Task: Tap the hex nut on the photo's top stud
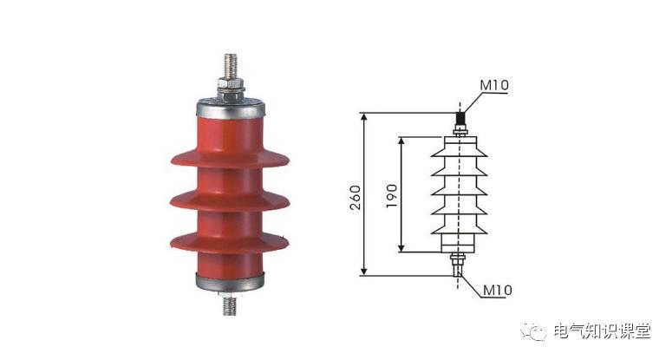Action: point(231,82)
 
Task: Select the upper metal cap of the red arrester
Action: point(231,108)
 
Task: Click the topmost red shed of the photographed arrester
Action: point(230,159)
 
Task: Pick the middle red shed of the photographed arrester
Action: point(230,201)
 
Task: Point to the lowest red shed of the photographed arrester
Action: point(230,243)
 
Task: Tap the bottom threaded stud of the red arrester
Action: point(229,305)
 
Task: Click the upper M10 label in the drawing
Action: point(493,85)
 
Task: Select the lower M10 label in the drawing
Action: point(497,290)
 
